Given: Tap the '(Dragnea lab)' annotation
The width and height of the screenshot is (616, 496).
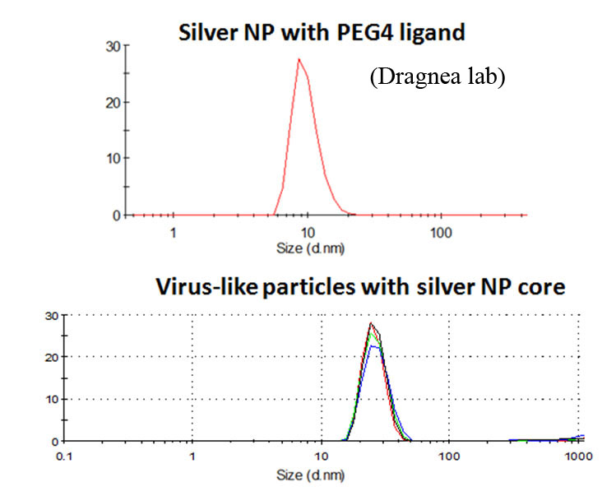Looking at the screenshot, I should point(436,78).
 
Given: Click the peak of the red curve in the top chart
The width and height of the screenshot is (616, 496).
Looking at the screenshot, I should point(299,59).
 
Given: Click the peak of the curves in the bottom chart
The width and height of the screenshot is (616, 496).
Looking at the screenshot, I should point(372,323).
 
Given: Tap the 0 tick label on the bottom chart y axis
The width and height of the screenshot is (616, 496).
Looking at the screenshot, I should point(52,442).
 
